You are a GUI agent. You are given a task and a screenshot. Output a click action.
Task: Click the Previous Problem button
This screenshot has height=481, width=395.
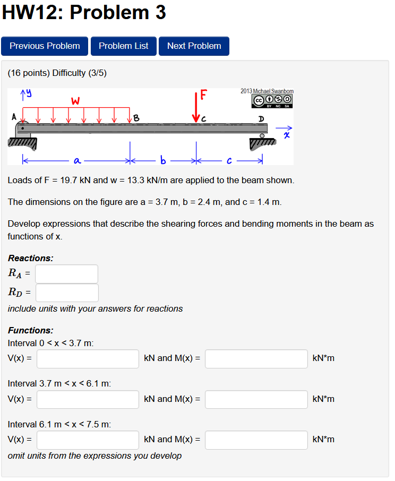pyautogui.click(x=45, y=46)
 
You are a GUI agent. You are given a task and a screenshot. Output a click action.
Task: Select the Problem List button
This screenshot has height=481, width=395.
pyautogui.click(x=123, y=46)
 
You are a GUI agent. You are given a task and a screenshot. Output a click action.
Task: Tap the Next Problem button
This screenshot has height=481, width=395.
pyautogui.click(x=194, y=46)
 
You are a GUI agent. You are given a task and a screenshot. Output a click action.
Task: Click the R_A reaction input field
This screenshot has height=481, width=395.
pyautogui.click(x=67, y=274)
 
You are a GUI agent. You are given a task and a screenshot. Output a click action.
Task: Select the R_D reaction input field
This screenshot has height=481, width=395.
pyautogui.click(x=67, y=293)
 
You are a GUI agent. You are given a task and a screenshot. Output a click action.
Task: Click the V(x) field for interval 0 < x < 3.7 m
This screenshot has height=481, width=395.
pyautogui.click(x=88, y=358)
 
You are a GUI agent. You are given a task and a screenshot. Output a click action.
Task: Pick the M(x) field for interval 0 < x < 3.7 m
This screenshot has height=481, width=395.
pyautogui.click(x=256, y=358)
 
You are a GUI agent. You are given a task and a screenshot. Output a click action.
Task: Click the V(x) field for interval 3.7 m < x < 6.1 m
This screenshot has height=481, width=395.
pyautogui.click(x=88, y=399)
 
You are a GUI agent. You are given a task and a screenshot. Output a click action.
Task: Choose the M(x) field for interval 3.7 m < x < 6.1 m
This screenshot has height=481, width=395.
pyautogui.click(x=256, y=399)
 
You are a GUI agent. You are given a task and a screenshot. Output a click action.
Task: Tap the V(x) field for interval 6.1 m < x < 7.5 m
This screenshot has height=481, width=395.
pyautogui.click(x=88, y=440)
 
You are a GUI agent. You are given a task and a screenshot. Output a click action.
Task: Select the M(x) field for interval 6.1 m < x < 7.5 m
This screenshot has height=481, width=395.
pyautogui.click(x=256, y=440)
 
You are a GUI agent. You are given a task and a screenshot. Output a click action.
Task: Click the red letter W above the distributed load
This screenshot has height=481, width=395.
pyautogui.click(x=75, y=100)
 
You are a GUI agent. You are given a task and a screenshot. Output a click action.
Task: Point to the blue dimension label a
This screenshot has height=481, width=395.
pyautogui.click(x=77, y=159)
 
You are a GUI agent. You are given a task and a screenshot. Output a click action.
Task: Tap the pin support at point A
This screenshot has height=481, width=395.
pyautogui.click(x=23, y=130)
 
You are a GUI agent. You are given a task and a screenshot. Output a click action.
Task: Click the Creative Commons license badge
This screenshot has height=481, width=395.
pyautogui.click(x=273, y=100)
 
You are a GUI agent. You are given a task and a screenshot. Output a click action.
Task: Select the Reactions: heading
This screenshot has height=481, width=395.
pyautogui.click(x=31, y=258)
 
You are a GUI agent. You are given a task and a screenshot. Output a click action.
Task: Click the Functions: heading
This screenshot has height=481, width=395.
pyautogui.click(x=31, y=330)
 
